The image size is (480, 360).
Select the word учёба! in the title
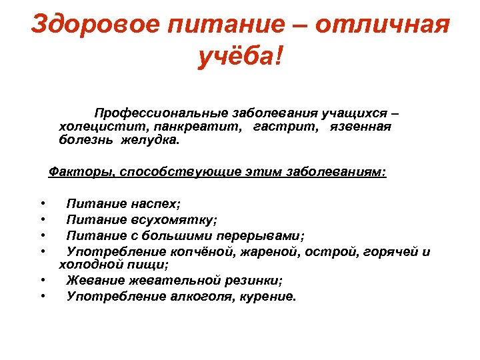coord(240,58)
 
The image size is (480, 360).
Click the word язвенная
coord(360,126)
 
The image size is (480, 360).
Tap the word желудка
coord(151,140)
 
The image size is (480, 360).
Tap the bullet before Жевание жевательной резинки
coord(43,281)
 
